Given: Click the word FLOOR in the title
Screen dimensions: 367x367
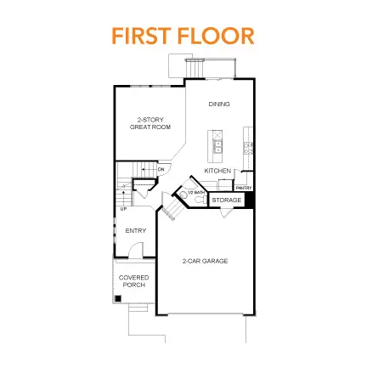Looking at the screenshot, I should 217,37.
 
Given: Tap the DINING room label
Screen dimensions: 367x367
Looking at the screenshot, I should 219,104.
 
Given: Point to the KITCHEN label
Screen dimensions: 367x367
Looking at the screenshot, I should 217,171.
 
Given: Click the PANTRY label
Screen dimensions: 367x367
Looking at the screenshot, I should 244,187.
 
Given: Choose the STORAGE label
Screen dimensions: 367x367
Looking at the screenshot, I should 226,200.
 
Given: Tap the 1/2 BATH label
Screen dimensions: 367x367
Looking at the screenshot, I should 198,192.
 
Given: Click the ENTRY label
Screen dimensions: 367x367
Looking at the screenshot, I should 135,230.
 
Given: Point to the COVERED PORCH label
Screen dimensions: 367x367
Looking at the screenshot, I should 134,281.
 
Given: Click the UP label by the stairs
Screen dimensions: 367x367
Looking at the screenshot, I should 123,208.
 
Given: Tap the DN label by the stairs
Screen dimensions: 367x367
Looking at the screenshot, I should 161,170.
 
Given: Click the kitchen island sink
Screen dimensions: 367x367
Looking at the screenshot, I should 217,148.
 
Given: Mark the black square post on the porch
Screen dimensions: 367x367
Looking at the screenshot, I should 116,298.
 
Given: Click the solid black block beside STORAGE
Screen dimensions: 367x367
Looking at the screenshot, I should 249,200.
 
